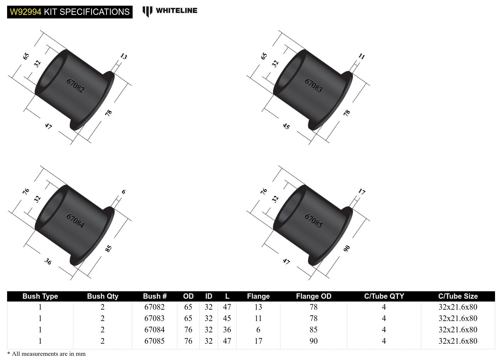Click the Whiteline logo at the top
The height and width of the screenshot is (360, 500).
(x=170, y=11)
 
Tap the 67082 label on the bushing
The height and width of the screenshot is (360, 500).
(x=75, y=85)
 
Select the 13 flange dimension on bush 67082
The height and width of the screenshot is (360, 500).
(x=123, y=56)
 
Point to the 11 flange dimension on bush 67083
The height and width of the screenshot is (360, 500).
(x=361, y=56)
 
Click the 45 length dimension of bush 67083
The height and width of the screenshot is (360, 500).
(x=286, y=126)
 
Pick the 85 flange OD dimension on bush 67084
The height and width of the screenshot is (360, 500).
(x=109, y=248)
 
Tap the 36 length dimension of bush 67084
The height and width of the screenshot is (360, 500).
(x=48, y=261)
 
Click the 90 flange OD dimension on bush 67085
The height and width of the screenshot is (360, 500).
(x=347, y=248)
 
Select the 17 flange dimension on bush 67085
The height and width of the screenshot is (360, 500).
(x=361, y=192)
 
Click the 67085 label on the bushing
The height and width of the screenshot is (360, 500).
(x=313, y=220)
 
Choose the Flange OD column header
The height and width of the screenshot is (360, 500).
(x=313, y=296)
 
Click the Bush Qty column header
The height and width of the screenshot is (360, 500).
(x=102, y=296)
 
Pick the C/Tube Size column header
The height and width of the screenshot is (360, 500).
(x=458, y=296)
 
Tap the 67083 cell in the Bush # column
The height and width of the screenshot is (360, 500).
(x=154, y=318)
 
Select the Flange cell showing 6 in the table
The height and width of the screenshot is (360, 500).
(x=258, y=330)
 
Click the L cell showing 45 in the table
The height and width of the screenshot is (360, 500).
(x=227, y=318)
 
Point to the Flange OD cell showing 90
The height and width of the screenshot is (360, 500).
(x=313, y=341)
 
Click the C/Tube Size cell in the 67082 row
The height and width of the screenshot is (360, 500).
(x=458, y=307)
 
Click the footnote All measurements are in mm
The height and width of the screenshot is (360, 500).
(x=46, y=354)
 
